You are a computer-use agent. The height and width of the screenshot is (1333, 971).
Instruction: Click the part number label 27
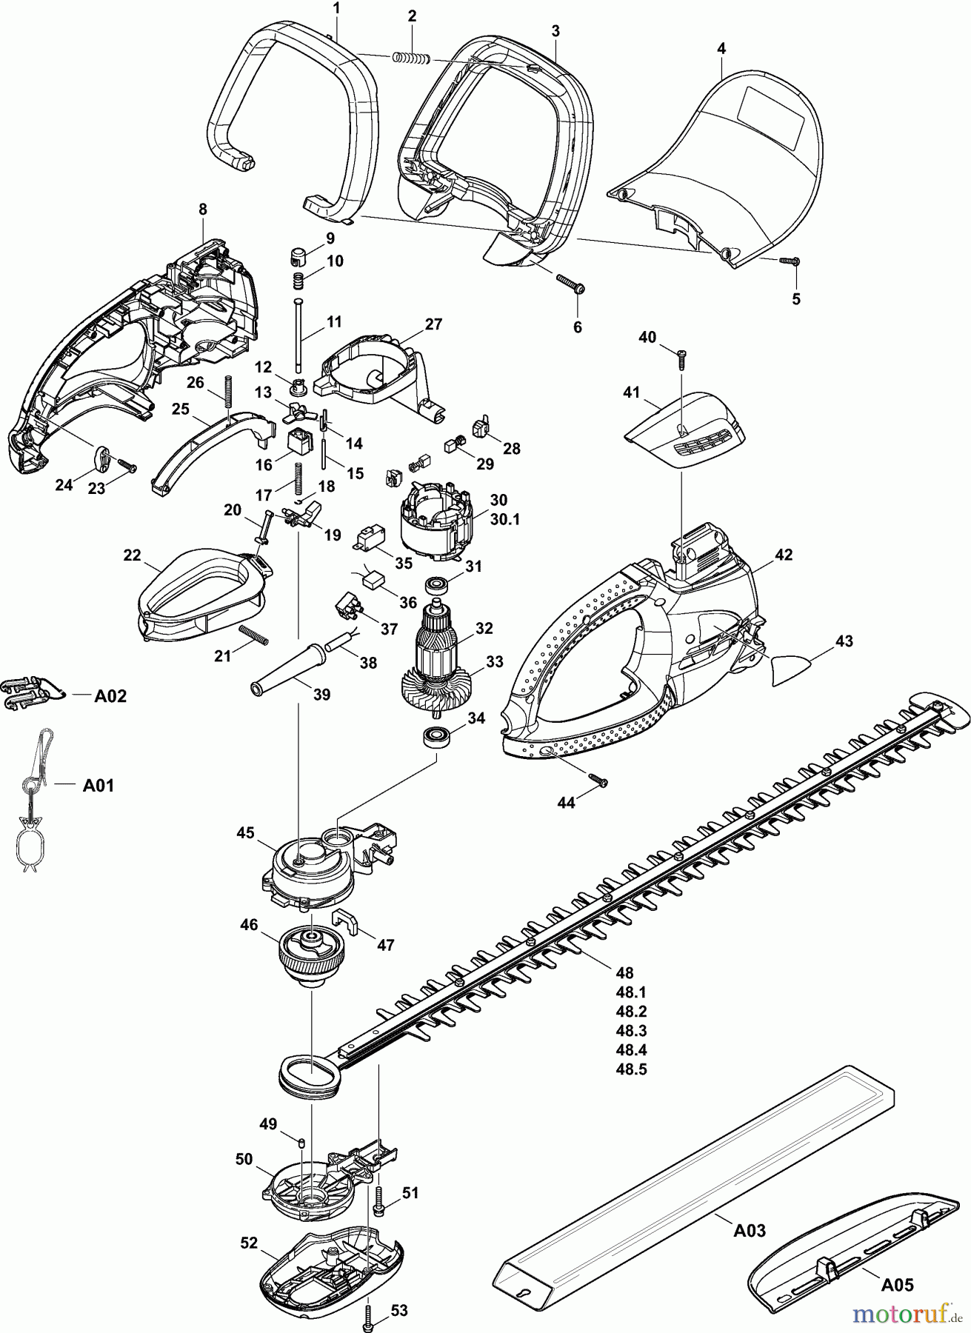[433, 324]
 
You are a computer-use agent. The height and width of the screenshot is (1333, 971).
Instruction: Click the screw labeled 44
[598, 780]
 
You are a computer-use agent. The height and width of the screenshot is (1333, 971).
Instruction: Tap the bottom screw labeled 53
[369, 1312]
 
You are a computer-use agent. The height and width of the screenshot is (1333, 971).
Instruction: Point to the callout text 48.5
[631, 1069]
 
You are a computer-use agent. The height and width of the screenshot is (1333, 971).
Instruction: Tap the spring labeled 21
[253, 636]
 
